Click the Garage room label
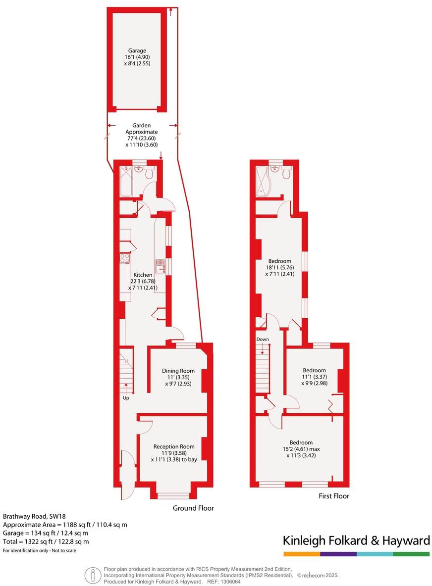tap(137, 50)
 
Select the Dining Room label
tap(178, 371)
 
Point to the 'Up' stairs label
tap(126, 398)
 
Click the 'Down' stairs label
tap(263, 340)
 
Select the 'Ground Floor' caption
tap(193, 508)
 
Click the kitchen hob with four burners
tap(125, 258)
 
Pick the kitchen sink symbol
tap(160, 267)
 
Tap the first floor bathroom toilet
tap(285, 173)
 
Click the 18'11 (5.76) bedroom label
tap(280, 261)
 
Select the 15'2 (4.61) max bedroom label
tap(301, 442)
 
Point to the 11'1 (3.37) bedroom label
tap(315, 370)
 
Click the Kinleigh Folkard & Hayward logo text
tap(356, 541)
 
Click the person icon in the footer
tap(91, 576)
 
